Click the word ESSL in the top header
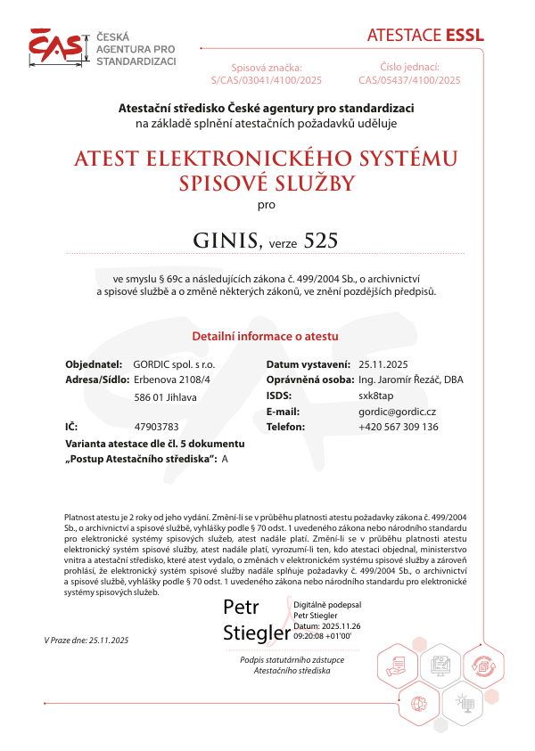pos(465,36)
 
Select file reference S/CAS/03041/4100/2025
pos(267,80)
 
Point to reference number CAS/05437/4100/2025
pos(409,80)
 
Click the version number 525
pos(322,241)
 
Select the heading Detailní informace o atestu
pos(266,337)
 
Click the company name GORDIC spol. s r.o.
pos(174,364)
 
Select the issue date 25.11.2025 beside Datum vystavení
pos(383,364)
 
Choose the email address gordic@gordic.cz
pos(397,412)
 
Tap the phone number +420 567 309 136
pos(399,427)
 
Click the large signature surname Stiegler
pos(257,633)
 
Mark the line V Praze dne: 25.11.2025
pos(86,641)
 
